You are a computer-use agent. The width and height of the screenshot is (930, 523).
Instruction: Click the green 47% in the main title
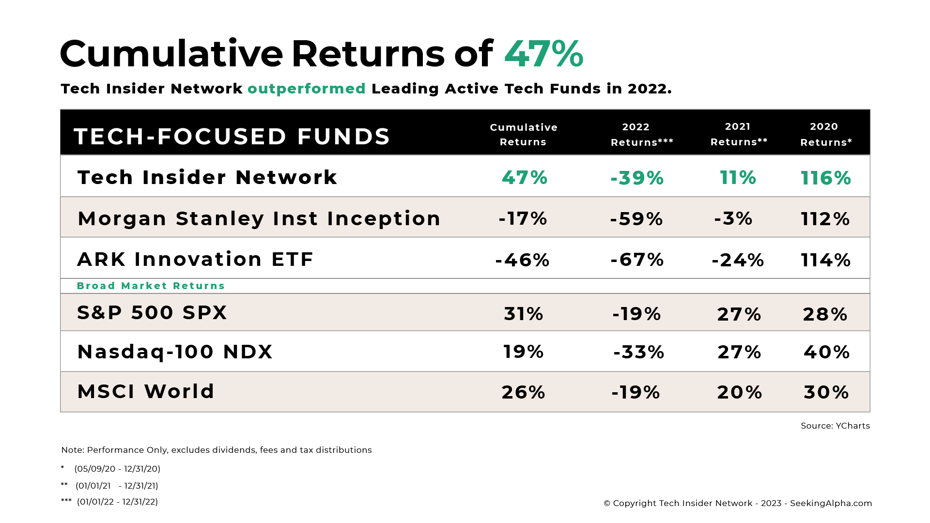pos(544,53)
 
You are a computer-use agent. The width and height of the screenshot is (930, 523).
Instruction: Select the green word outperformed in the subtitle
pos(307,89)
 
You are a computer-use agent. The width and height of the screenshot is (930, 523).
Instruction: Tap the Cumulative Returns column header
pos(524,135)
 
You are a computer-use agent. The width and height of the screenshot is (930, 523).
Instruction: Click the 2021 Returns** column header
pos(739,134)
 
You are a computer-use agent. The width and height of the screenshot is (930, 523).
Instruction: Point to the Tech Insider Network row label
pos(207,177)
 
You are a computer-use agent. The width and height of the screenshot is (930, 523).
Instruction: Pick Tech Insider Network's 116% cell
pos(826,178)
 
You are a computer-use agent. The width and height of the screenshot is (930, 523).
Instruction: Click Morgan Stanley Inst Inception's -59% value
pos(636,219)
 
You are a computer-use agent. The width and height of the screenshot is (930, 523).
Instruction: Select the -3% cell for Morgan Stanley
pos(733,218)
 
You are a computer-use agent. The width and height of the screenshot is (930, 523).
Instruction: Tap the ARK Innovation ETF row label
pos(195,259)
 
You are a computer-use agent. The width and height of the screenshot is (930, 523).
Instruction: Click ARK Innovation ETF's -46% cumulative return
pos(523,260)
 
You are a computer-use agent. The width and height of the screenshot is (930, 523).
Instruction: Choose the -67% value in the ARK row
pos(637,260)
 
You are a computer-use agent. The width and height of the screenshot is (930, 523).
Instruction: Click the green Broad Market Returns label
pos(151,286)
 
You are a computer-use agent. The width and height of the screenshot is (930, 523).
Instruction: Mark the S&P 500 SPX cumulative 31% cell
pos(524,314)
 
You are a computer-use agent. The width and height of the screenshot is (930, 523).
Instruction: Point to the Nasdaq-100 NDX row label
pos(175,352)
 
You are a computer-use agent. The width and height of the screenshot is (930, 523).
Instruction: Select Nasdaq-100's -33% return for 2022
pos(639,352)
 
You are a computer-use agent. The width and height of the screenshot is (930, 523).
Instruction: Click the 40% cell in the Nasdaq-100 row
pos(827,352)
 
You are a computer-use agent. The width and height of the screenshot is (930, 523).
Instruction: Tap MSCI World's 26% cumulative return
pos(524,392)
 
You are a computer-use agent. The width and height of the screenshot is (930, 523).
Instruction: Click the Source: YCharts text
pos(835,426)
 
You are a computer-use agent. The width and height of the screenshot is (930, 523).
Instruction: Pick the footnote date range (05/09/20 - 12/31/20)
pos(117,469)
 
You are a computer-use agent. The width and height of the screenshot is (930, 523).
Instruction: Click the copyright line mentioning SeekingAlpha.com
pos(738,503)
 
